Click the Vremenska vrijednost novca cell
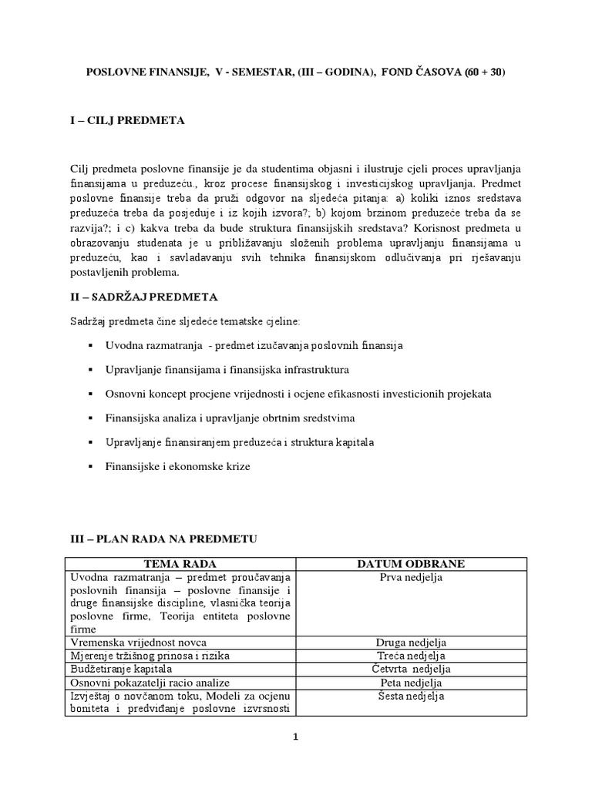(139, 643)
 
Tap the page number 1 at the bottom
(295, 737)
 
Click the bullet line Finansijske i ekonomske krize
(178, 466)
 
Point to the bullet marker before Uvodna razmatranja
(90, 346)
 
